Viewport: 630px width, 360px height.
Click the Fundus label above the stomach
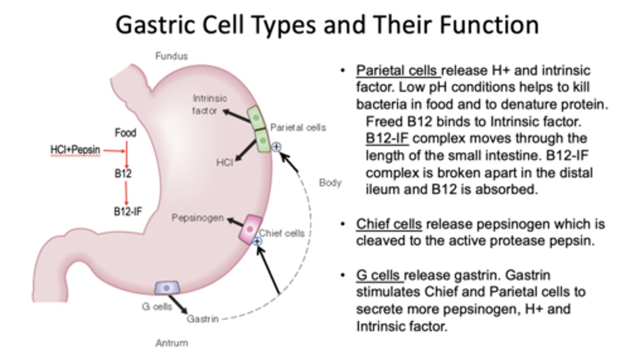171,56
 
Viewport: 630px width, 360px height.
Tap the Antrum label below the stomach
171,343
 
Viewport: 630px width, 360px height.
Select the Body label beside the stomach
330,183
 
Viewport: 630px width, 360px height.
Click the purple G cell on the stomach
167,287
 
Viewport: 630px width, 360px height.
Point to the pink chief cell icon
250,229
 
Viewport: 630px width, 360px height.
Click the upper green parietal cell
256,118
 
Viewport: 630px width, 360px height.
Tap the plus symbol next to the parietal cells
276,147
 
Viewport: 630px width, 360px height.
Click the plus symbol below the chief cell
258,241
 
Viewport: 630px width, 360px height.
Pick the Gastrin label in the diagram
202,319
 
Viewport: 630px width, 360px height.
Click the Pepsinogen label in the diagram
197,218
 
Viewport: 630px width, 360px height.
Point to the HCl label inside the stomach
224,163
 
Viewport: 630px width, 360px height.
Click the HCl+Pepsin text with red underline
75,150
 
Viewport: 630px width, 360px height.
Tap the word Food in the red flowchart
125,133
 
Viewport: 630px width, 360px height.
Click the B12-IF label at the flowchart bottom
128,212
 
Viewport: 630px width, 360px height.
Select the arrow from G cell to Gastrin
178,304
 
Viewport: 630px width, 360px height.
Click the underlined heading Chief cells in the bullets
388,224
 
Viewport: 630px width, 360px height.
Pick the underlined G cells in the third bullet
379,275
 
